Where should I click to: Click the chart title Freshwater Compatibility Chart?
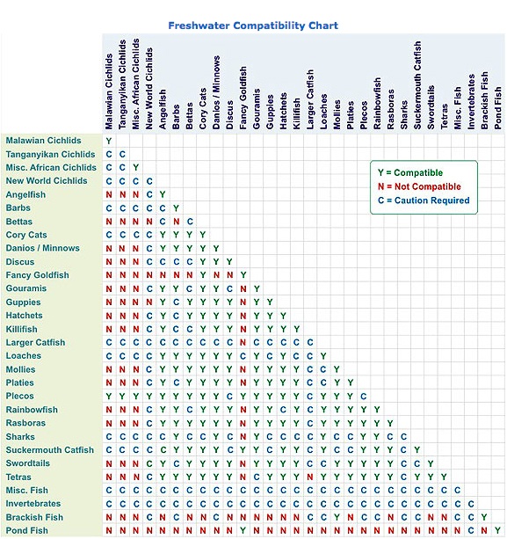(x=253, y=25)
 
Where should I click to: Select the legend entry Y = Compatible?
(x=405, y=173)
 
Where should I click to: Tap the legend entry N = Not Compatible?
(x=418, y=186)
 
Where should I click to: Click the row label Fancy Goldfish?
(x=37, y=275)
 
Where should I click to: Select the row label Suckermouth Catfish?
(x=49, y=450)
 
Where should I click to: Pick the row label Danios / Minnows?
(x=42, y=248)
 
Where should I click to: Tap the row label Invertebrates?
(x=33, y=504)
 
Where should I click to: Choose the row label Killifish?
(x=22, y=329)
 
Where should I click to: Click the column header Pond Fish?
(x=498, y=106)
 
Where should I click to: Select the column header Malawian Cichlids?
(x=109, y=84)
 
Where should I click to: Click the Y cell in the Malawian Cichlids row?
(x=109, y=141)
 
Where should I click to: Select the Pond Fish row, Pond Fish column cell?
(x=498, y=530)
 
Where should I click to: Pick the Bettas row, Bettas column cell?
(x=190, y=222)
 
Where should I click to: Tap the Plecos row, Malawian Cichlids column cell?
(x=109, y=397)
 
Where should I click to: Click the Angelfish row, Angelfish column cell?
(x=163, y=194)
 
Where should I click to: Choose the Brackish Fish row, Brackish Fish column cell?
(x=484, y=517)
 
